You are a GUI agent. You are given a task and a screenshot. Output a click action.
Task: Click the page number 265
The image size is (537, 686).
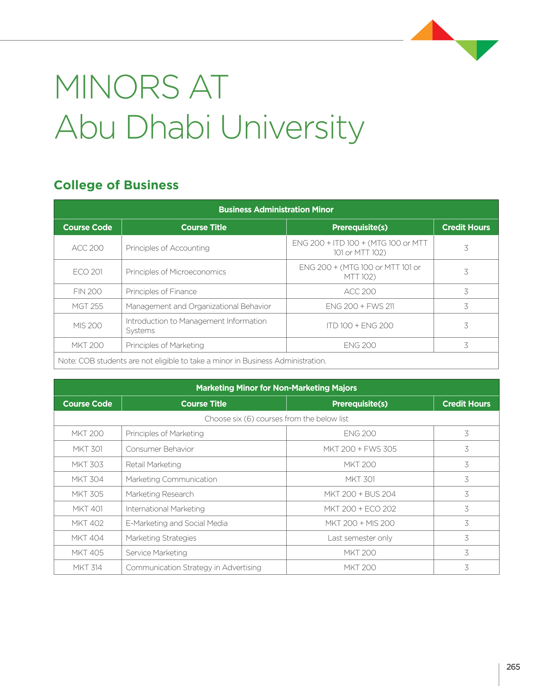(x=513, y=667)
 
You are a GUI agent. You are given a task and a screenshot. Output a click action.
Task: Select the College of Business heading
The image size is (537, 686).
(x=116, y=185)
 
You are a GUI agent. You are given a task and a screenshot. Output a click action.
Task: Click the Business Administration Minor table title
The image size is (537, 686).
(x=276, y=209)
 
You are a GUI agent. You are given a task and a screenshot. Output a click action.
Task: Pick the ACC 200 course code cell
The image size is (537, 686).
(x=87, y=248)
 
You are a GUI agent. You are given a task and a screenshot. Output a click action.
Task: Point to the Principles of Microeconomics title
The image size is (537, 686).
(x=176, y=272)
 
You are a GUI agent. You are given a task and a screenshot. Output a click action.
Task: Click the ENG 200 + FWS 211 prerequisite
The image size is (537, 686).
(x=360, y=306)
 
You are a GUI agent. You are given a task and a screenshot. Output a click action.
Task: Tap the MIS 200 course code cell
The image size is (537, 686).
(x=87, y=326)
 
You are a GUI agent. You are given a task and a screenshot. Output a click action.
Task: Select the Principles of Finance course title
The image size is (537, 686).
(x=161, y=292)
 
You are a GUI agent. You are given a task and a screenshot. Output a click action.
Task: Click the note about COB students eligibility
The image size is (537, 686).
(x=192, y=361)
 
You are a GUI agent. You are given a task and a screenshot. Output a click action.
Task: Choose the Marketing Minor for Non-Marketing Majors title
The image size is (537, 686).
(x=276, y=388)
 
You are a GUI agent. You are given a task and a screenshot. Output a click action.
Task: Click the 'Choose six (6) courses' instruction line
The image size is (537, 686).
(x=276, y=419)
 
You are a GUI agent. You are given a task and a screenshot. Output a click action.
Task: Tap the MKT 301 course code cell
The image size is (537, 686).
(x=87, y=449)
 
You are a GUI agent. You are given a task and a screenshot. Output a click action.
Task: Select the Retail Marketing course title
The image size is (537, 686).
(x=153, y=465)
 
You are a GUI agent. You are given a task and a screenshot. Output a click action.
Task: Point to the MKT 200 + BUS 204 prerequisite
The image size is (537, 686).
(x=360, y=494)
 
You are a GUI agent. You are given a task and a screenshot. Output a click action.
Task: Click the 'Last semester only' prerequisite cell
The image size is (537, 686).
(x=360, y=538)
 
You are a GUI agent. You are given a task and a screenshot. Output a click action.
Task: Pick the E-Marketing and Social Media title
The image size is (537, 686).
(x=176, y=523)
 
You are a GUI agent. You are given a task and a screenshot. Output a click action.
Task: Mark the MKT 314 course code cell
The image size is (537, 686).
(x=87, y=568)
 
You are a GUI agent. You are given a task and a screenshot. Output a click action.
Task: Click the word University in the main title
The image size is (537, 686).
(x=292, y=128)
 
